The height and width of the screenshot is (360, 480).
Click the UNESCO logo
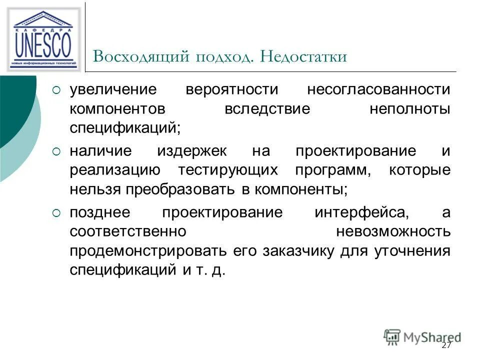(43, 39)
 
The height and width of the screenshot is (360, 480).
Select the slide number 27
(446, 345)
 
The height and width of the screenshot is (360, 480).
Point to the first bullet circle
(56, 90)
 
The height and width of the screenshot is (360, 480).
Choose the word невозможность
(393, 232)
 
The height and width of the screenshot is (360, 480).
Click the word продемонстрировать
(150, 250)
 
